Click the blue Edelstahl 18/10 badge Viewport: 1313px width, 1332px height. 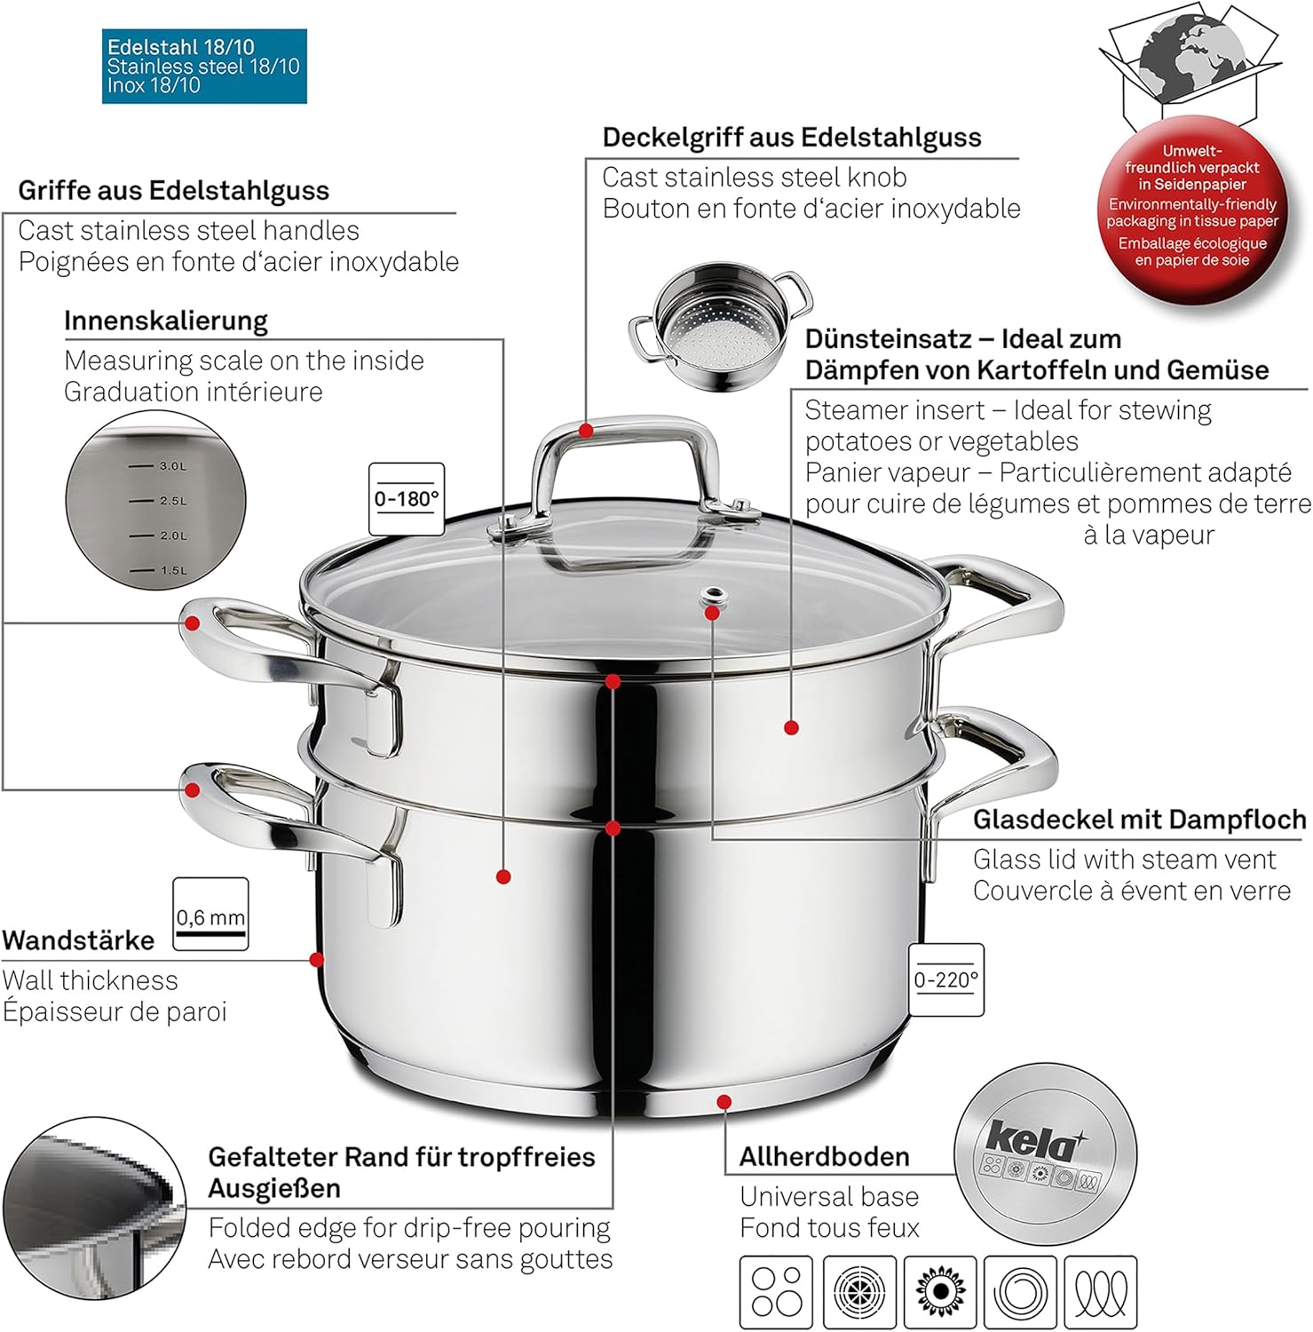pos(204,67)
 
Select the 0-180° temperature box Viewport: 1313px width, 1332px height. pos(406,499)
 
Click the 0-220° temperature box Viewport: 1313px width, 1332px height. pos(945,979)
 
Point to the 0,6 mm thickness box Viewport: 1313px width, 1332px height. pos(210,915)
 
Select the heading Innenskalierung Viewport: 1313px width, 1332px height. pos(166,321)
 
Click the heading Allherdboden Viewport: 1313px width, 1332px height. pos(824,1156)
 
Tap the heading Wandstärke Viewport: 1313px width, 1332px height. pos(78,940)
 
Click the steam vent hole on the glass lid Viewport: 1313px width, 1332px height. pos(712,596)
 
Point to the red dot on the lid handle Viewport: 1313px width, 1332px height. pos(586,431)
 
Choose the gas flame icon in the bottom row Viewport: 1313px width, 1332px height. pos(939,1292)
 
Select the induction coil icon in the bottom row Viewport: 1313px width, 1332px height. pos(1101,1292)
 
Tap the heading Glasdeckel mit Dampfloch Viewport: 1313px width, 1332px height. pos(1139,819)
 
